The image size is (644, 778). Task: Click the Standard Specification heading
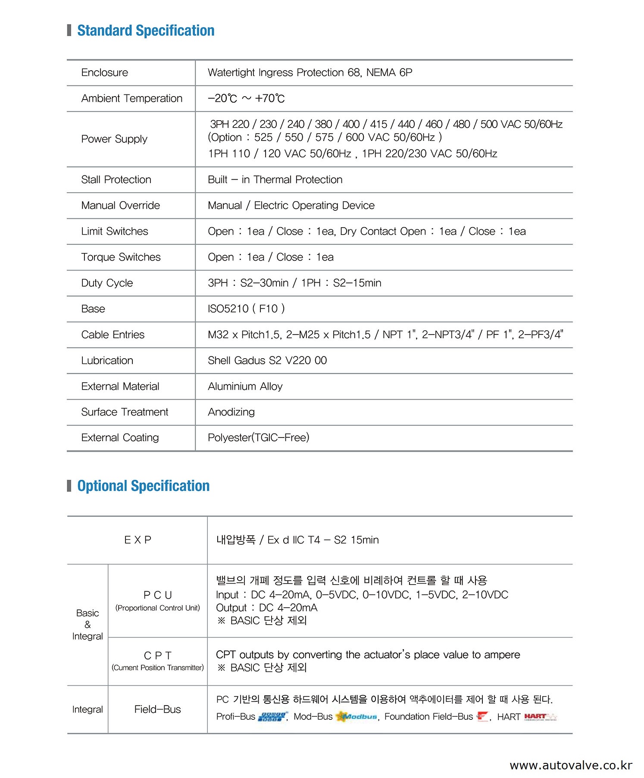click(x=146, y=31)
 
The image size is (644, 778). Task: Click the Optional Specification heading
click(x=143, y=486)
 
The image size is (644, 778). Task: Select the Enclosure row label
click(x=105, y=72)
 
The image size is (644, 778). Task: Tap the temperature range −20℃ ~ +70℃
click(x=246, y=99)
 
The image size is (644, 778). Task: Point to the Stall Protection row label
click(x=116, y=180)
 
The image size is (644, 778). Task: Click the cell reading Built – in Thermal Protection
click(x=275, y=180)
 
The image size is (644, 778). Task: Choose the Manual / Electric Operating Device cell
click(x=291, y=206)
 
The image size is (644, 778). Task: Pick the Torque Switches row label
click(x=121, y=257)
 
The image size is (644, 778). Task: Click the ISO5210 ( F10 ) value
click(x=246, y=309)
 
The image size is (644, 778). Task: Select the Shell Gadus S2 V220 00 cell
click(x=267, y=360)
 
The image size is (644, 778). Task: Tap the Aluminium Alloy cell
click(x=245, y=386)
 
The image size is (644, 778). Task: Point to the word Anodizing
click(x=231, y=412)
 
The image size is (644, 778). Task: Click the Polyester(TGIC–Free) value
click(x=258, y=438)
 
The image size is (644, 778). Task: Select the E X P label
click(x=138, y=540)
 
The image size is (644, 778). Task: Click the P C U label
click(x=157, y=595)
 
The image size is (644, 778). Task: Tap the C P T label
click(x=157, y=656)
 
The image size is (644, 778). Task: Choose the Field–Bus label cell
click(x=157, y=709)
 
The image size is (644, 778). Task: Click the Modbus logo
click(x=356, y=716)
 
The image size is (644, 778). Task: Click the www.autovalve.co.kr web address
click(x=571, y=766)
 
